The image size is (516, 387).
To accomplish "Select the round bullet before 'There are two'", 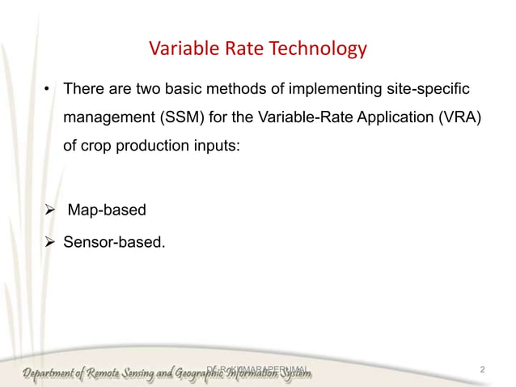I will [48, 87].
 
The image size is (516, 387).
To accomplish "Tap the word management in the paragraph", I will [104, 118].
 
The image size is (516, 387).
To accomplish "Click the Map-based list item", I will [107, 211].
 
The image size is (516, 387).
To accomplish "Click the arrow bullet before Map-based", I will [50, 211].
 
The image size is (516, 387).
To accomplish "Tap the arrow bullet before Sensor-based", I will [50, 240].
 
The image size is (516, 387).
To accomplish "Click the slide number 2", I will [482, 370].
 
